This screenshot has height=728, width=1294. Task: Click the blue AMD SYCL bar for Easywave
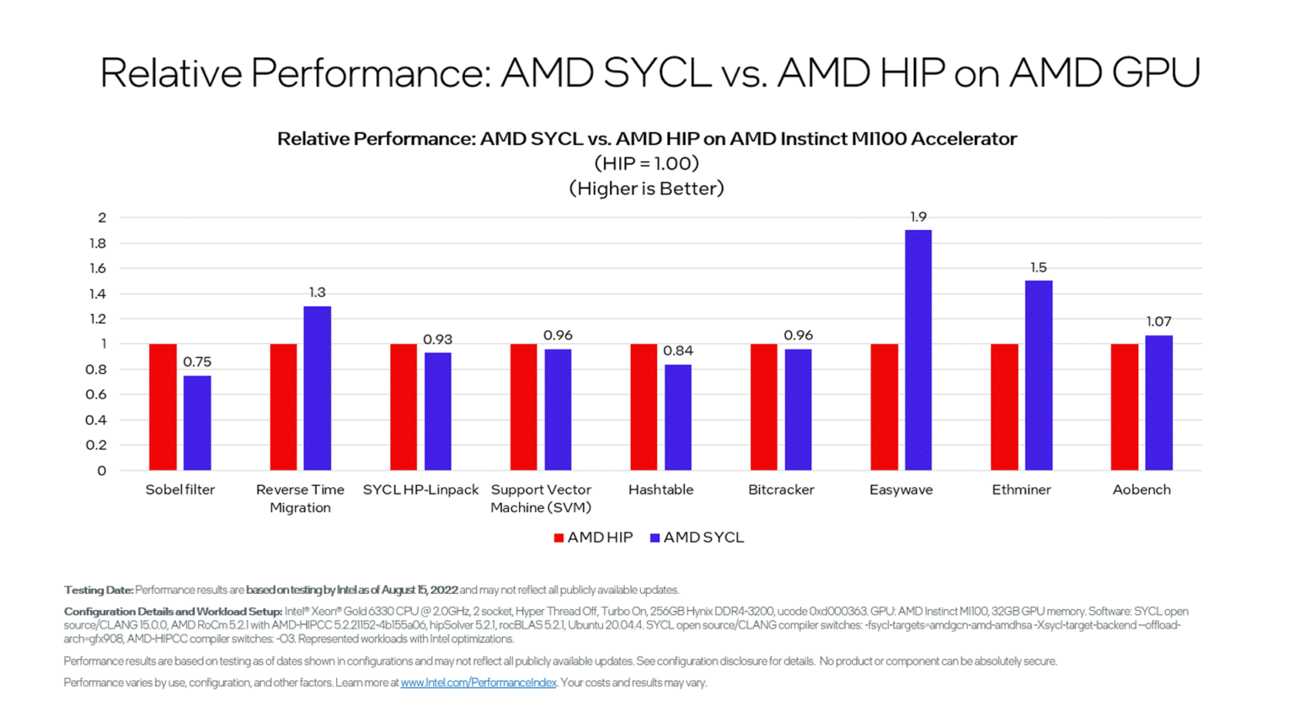click(x=917, y=350)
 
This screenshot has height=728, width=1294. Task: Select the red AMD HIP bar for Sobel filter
click(x=163, y=407)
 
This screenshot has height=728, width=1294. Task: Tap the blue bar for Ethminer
click(x=1038, y=375)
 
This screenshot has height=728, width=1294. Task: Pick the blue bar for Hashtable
click(x=677, y=417)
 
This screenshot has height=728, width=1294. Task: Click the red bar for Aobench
click(x=1124, y=407)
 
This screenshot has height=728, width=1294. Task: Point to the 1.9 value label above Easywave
click(x=917, y=217)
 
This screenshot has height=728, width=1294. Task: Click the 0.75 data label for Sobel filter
click(x=197, y=362)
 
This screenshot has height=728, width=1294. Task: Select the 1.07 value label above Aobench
click(x=1158, y=322)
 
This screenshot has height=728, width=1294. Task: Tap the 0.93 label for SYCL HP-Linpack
click(x=437, y=340)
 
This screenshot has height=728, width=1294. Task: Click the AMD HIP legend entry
click(x=593, y=538)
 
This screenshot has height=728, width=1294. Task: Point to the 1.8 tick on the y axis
click(x=98, y=244)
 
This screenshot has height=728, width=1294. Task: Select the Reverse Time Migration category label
click(x=300, y=498)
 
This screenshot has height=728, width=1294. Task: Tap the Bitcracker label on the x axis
click(x=781, y=490)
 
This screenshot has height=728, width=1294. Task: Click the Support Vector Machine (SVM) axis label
click(x=541, y=498)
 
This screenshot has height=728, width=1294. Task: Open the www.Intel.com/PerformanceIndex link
click(x=478, y=682)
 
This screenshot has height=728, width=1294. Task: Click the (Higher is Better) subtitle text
click(x=646, y=189)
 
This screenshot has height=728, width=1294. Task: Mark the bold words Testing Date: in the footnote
click(x=99, y=590)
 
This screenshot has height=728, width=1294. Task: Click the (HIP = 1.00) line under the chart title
click(x=646, y=163)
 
